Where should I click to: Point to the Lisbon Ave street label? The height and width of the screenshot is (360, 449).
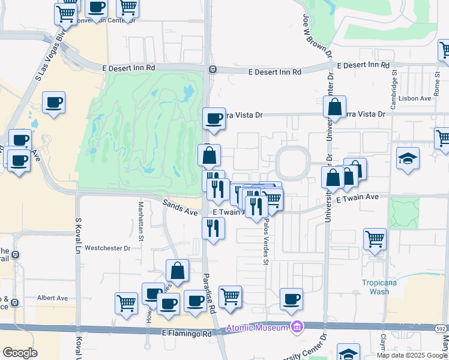(x=417, y=98)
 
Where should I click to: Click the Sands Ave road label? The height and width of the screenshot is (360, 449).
(x=180, y=208)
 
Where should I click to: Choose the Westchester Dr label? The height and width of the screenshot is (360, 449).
(x=108, y=247)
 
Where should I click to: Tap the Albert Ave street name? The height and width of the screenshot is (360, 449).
(x=53, y=298)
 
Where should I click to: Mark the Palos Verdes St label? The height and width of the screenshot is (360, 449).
(x=265, y=240)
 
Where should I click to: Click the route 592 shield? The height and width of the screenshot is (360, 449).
(x=441, y=329)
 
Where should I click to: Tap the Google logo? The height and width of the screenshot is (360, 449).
(x=20, y=353)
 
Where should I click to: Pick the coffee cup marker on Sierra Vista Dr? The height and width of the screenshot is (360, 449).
(x=214, y=118)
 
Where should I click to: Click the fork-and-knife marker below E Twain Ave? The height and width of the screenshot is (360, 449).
(x=213, y=228)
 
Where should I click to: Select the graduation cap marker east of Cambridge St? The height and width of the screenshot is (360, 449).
(x=408, y=158)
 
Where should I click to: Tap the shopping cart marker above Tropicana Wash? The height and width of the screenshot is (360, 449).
(x=375, y=238)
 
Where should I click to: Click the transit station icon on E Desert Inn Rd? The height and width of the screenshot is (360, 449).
(x=212, y=70)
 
